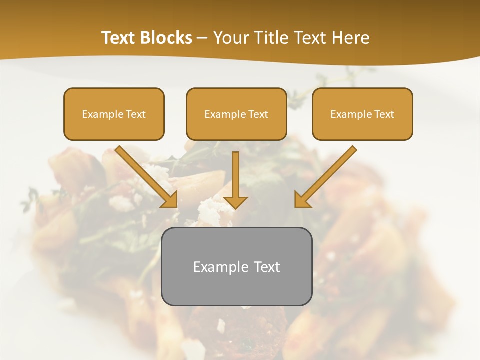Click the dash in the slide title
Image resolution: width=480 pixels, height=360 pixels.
tap(202, 38)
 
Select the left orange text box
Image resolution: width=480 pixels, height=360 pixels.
tap(114, 114)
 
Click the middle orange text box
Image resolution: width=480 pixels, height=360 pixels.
tap(236, 114)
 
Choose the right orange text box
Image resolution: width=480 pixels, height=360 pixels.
tap(362, 114)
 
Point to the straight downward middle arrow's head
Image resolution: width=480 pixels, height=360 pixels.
tap(235, 202)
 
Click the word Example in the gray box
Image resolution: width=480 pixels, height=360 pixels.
tap(220, 267)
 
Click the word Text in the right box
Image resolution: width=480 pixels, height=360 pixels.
tap(384, 114)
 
